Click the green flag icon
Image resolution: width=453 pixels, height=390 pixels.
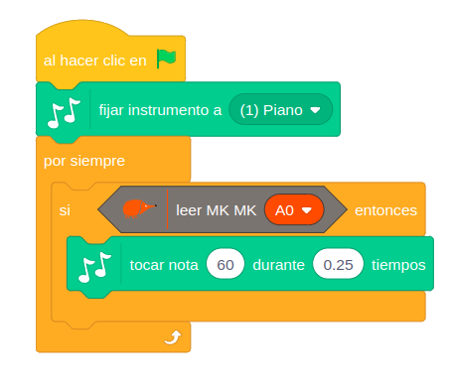pos(166,59)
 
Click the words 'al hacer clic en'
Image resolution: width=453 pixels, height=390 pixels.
pos(95,61)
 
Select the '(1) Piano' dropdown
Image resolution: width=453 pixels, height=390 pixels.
pos(280,109)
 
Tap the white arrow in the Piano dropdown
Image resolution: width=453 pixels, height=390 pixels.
pos(315,110)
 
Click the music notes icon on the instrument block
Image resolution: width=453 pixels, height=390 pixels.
pos(64,112)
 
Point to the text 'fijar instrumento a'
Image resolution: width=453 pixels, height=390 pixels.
pos(160,110)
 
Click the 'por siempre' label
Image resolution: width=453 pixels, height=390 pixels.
pos(84,161)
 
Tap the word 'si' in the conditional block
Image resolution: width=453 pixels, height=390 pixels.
pos(65,210)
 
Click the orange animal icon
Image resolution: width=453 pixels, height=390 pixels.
pos(139,208)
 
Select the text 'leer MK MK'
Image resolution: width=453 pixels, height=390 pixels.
pos(216,210)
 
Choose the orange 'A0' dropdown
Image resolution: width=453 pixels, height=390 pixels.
pos(294,209)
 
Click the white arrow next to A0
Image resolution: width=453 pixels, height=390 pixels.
pos(307,210)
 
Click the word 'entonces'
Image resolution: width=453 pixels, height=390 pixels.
pos(385,210)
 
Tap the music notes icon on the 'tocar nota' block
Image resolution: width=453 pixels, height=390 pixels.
pos(94,267)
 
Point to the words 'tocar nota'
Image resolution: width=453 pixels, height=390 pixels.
pos(164,265)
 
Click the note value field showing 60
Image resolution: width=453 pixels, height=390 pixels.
pos(226,264)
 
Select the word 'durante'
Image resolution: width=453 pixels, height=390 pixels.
pos(278,265)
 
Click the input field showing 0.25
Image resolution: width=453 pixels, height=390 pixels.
pos(338,264)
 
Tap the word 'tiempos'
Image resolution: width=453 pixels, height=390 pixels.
pos(398,265)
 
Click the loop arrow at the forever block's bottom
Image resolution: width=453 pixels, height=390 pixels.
pos(174,337)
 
